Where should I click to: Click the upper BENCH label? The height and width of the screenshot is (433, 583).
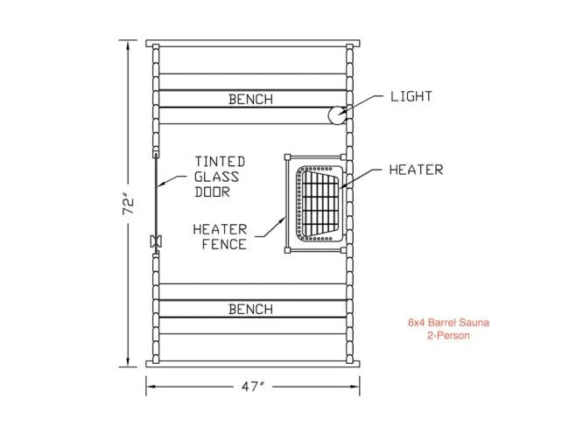(x=250, y=100)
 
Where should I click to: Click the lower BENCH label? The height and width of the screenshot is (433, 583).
(x=250, y=309)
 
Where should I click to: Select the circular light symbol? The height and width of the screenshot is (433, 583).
(x=336, y=115)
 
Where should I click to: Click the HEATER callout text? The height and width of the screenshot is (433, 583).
(x=416, y=170)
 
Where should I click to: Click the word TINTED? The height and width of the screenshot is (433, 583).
(x=220, y=162)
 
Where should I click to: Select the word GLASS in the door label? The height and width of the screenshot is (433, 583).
(x=217, y=177)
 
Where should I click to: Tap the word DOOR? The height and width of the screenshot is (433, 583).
(x=213, y=192)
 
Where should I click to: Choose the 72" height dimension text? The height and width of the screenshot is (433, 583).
(x=129, y=205)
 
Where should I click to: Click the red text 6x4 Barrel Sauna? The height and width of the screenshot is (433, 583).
(x=448, y=323)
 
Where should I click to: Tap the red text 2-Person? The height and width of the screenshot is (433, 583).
(x=448, y=335)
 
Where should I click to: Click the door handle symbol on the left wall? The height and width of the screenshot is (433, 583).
(x=156, y=241)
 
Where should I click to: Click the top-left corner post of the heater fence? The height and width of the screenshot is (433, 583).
(x=286, y=158)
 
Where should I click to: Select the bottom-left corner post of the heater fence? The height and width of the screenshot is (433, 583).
(x=286, y=252)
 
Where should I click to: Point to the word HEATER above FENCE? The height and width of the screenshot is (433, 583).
(x=220, y=229)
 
